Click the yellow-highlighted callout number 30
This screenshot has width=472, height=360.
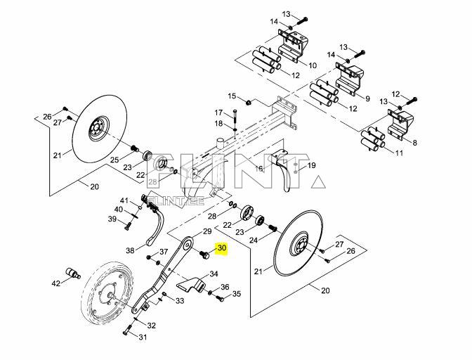pyautogui.click(x=221, y=248)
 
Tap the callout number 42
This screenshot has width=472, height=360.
pyautogui.click(x=55, y=283)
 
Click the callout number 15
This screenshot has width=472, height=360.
pyautogui.click(x=231, y=96)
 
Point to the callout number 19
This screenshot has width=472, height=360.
pyautogui.click(x=312, y=166)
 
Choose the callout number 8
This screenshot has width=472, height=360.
pyautogui.click(x=414, y=143)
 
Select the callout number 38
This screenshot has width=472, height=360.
pyautogui.click(x=130, y=250)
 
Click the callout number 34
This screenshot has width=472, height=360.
pyautogui.click(x=214, y=274)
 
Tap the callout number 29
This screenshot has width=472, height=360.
pyautogui.click(x=207, y=231)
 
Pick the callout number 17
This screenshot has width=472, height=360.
pyautogui.click(x=218, y=112)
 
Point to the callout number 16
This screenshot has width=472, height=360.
pyautogui.click(x=258, y=169)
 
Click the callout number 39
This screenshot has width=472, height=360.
pyautogui.click(x=112, y=220)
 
